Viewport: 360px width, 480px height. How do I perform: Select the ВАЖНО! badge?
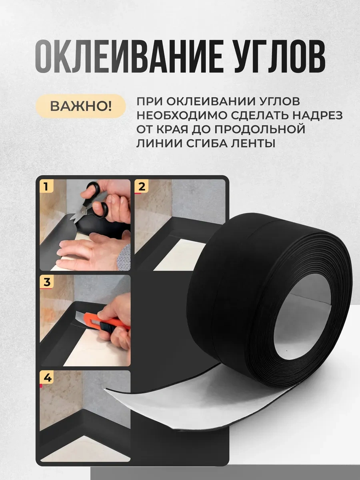(x=80, y=106)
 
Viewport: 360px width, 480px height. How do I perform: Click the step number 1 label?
(x=46, y=187)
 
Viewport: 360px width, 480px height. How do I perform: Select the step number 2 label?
(x=141, y=186)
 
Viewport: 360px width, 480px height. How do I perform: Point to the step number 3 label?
(x=47, y=282)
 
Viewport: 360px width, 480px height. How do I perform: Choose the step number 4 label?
(x=47, y=378)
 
